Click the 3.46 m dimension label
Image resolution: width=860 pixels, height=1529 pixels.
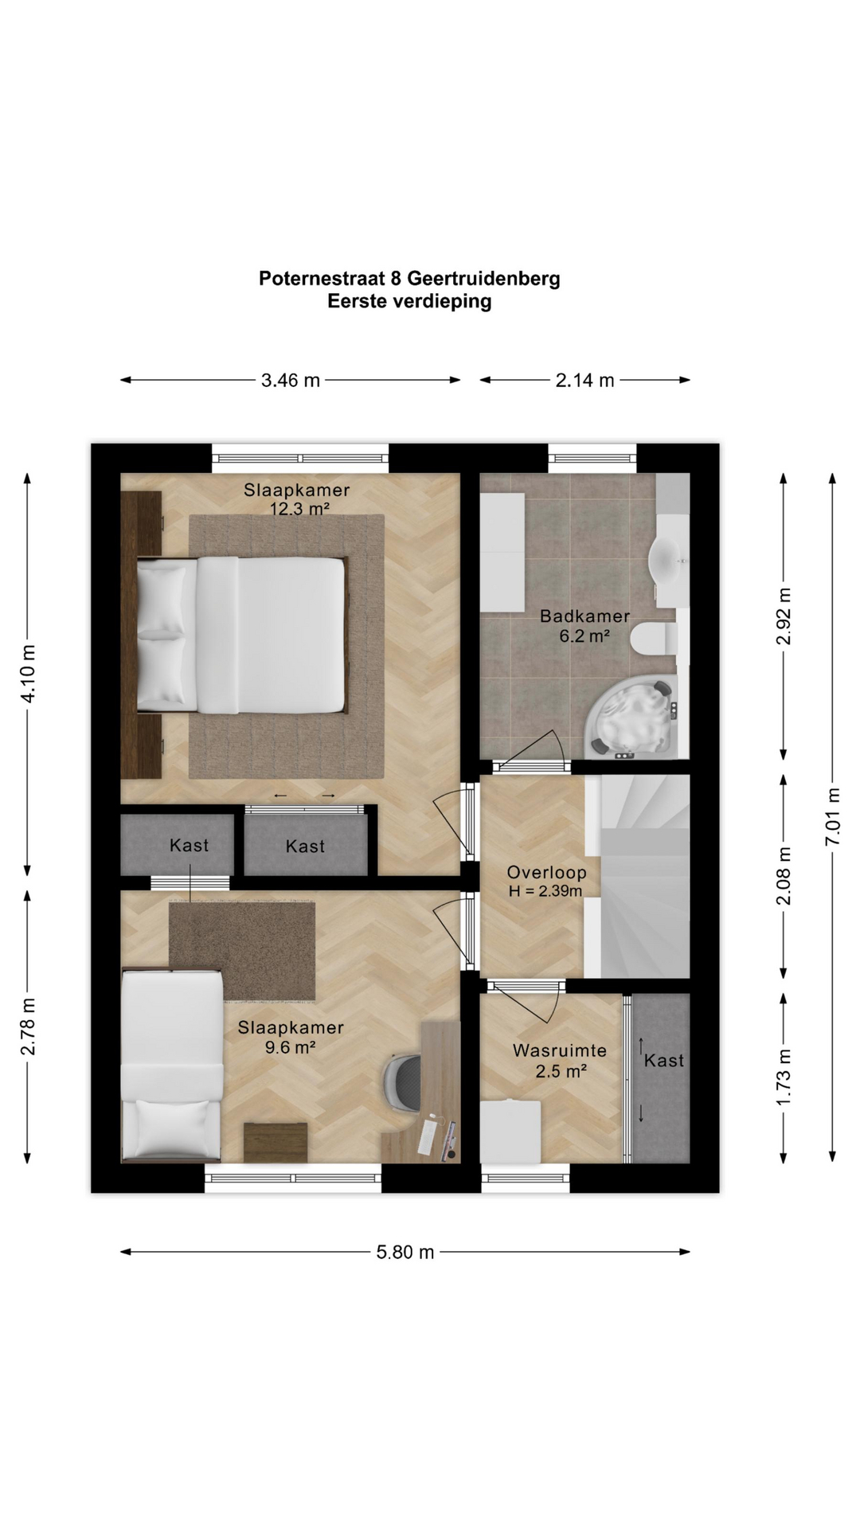(291, 381)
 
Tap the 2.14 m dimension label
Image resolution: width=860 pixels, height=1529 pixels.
(585, 381)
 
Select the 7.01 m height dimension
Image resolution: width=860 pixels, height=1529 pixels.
(833, 818)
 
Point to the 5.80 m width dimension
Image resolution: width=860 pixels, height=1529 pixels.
(405, 1253)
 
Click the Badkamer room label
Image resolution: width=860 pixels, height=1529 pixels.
(585, 616)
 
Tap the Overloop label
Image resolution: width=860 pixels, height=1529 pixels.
(546, 872)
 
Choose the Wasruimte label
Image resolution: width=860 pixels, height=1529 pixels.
(560, 1050)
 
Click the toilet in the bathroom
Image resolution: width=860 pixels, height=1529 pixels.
(654, 639)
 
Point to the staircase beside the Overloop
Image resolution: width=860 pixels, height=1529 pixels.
(637, 876)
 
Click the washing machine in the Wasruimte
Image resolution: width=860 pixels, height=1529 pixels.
(510, 1131)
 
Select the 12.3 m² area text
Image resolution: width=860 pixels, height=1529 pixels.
(299, 509)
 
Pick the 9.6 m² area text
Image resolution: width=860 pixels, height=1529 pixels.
(291, 1047)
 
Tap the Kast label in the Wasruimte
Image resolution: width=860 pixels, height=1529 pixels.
(664, 1061)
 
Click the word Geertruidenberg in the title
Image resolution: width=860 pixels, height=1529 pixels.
(483, 279)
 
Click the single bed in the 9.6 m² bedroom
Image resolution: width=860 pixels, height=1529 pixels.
(171, 1066)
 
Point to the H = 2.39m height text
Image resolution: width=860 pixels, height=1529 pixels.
(545, 891)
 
